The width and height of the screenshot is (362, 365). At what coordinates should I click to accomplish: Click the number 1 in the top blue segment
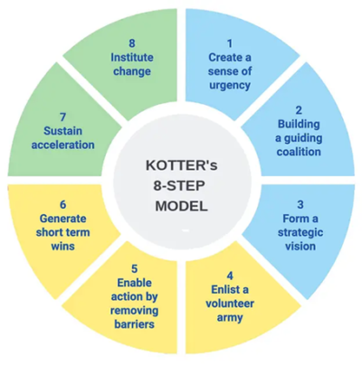(x=230, y=43)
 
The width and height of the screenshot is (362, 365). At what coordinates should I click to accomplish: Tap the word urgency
(x=230, y=86)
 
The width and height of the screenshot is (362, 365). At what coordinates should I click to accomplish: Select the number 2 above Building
(x=299, y=110)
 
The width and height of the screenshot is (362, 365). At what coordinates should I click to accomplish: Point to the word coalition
(x=299, y=152)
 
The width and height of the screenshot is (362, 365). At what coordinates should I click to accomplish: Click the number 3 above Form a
(x=300, y=205)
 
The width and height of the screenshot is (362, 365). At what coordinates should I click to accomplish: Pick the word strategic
(x=300, y=233)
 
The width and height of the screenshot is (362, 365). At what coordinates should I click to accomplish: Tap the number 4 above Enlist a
(x=230, y=276)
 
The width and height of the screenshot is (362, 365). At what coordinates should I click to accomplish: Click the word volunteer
(x=230, y=304)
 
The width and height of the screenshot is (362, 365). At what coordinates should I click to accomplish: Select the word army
(x=230, y=318)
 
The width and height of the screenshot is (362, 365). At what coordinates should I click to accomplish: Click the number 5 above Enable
(x=135, y=268)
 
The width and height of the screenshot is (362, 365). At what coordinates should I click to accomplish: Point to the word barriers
(x=135, y=324)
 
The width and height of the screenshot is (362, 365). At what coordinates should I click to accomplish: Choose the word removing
(x=135, y=311)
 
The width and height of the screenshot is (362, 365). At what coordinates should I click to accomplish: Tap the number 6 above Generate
(x=62, y=205)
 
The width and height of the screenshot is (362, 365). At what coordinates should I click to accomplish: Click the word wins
(x=62, y=247)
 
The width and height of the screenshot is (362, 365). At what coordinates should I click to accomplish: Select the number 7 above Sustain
(x=62, y=117)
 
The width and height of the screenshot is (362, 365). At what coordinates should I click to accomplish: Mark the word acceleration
(x=62, y=145)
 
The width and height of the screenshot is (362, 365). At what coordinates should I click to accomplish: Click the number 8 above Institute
(x=132, y=43)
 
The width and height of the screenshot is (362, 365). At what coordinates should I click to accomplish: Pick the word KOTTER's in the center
(x=182, y=165)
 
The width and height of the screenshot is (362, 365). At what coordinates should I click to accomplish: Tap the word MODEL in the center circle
(x=182, y=206)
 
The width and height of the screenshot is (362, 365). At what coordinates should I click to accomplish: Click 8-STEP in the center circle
(x=179, y=186)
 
